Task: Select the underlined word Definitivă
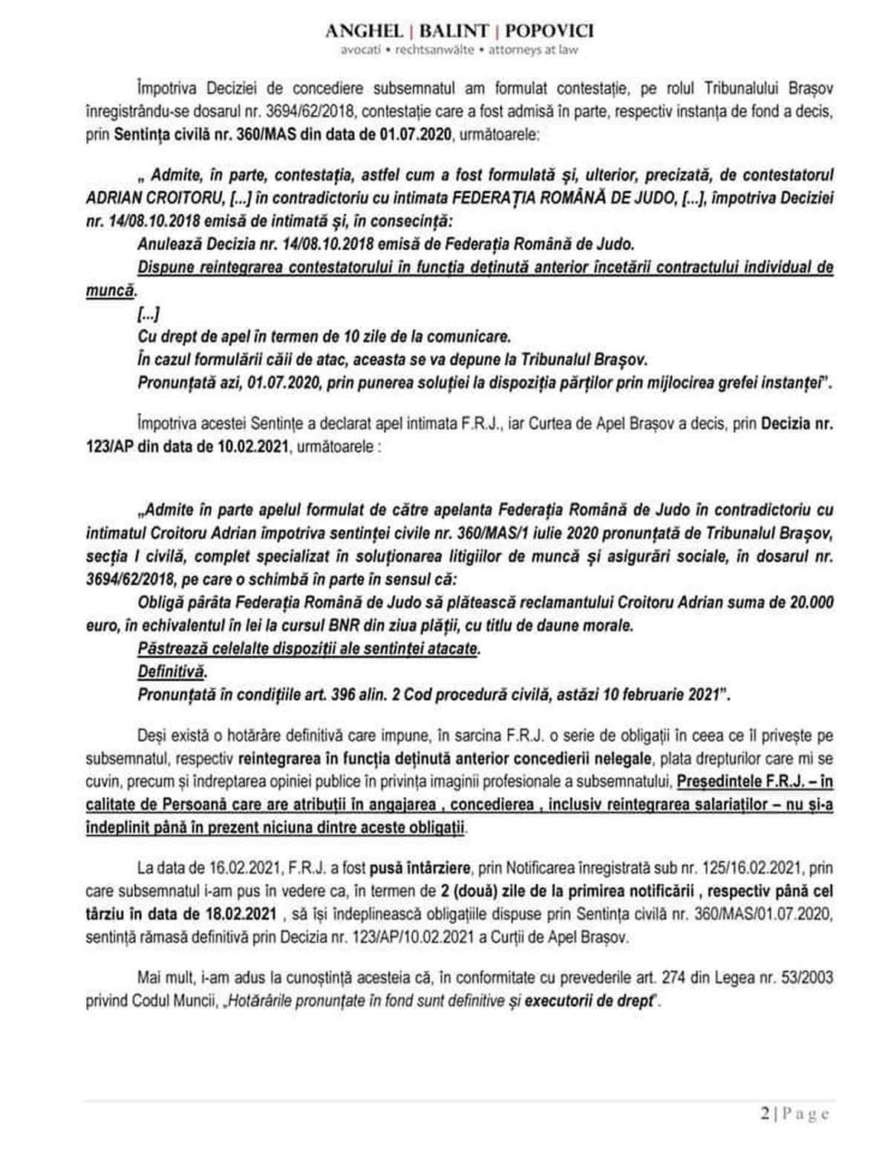[171, 671]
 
